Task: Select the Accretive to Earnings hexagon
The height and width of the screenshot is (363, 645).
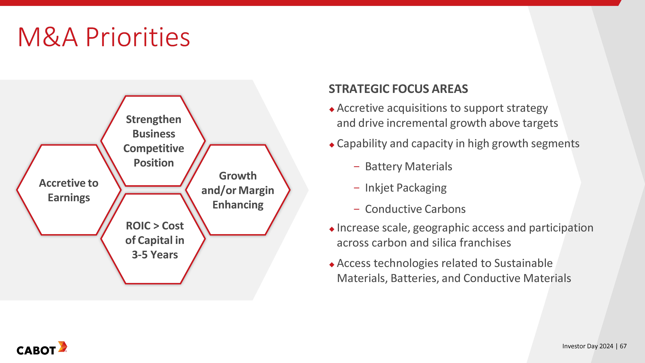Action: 69,190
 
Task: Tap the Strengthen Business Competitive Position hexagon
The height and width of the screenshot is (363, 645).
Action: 153,141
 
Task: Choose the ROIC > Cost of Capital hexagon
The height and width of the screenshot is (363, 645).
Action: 153,239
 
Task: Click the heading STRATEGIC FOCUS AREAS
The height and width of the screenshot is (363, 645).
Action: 398,89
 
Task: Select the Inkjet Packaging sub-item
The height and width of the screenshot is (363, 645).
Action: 406,188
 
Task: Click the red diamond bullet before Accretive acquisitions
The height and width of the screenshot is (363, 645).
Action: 332,109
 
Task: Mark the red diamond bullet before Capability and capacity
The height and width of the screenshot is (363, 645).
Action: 332,145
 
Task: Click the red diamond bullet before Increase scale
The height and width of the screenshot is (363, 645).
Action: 332,229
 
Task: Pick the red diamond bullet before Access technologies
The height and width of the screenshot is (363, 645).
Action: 332,265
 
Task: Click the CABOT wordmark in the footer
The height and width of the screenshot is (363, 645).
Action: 36,351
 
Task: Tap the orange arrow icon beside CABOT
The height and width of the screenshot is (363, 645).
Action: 63,347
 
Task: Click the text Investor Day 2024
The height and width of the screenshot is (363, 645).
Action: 588,346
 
